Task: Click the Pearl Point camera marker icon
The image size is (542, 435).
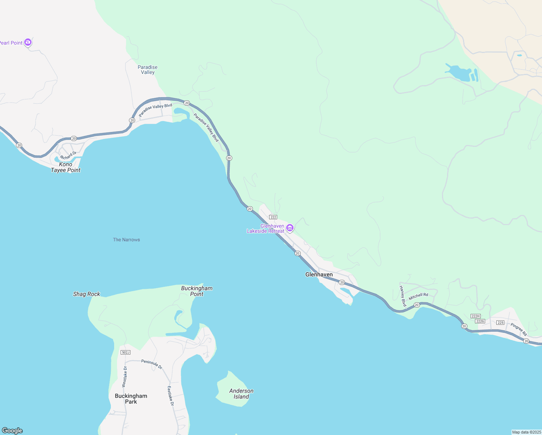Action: coord(28,42)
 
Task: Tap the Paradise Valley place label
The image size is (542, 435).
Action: coord(147,70)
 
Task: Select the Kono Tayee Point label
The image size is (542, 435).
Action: coord(66,167)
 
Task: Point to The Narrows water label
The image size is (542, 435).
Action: coord(126,240)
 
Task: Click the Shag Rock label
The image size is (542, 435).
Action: coord(87,294)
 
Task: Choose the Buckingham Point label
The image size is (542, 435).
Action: coord(197,291)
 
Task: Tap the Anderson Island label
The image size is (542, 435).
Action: coord(241,394)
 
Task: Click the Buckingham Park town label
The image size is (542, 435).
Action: coord(131,399)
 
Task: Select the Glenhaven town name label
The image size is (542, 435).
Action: coord(319,274)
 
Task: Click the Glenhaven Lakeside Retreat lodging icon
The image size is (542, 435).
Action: coord(289,228)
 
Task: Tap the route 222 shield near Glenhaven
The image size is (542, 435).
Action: coord(273,217)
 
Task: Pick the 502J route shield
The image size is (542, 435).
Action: coord(125,352)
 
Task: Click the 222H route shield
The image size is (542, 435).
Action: coord(475,316)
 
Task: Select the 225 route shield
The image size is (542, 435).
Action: coord(500,323)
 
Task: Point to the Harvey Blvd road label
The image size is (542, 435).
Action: coord(402,296)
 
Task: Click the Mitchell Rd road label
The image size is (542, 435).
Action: coord(418,297)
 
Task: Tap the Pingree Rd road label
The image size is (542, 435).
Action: coord(519,329)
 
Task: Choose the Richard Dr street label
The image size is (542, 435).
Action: coord(68,156)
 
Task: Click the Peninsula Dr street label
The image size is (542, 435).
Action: coord(152,364)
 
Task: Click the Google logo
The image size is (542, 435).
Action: coord(12,431)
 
